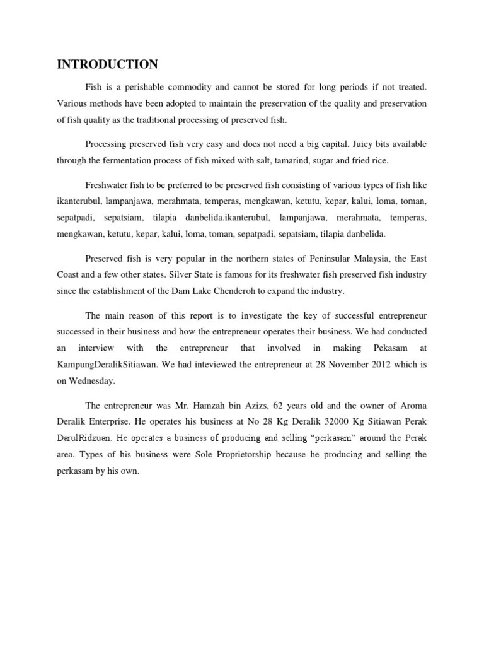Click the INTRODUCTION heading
click(107, 64)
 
